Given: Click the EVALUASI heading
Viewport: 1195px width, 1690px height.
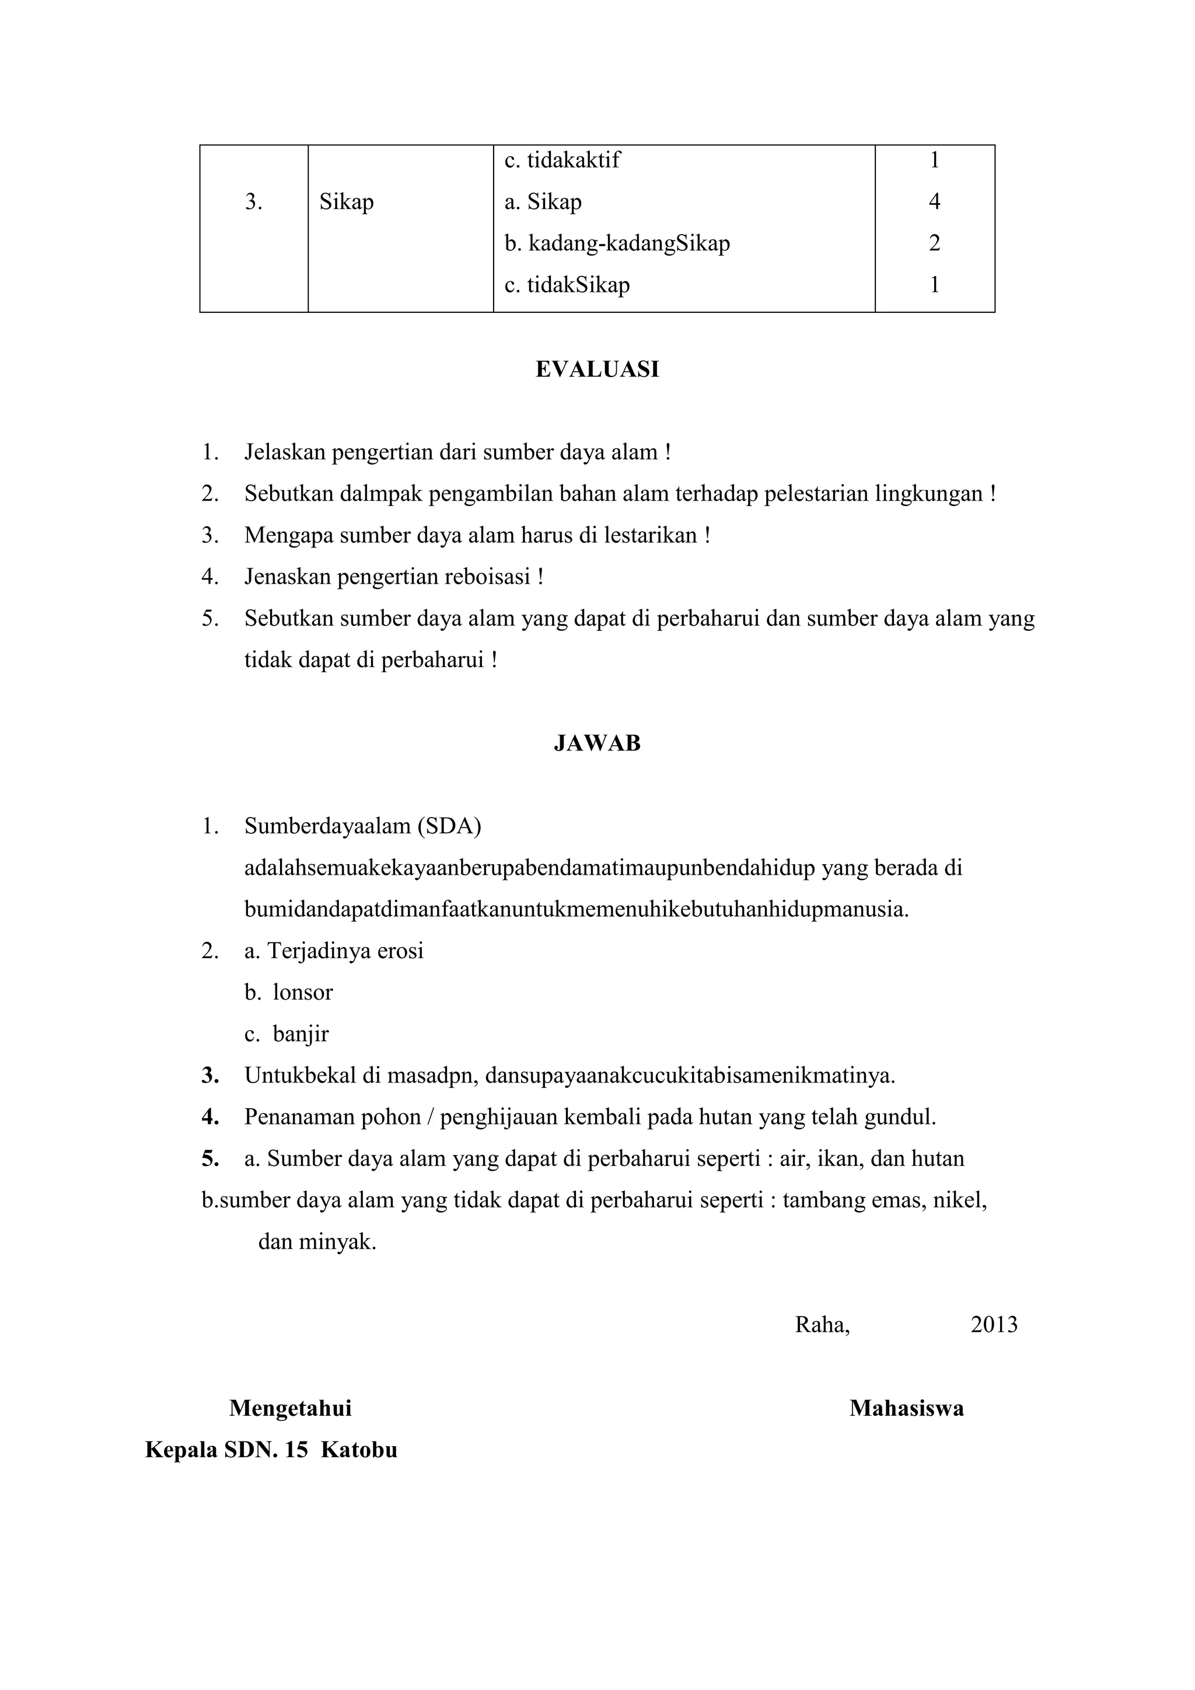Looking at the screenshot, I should [x=597, y=369].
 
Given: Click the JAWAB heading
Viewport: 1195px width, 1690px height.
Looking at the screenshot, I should [x=597, y=743].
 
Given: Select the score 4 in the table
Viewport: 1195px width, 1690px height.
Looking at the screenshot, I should [x=935, y=201].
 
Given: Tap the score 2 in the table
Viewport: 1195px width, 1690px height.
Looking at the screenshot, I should [x=935, y=243].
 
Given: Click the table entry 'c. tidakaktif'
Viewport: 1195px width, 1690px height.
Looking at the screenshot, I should [x=561, y=160].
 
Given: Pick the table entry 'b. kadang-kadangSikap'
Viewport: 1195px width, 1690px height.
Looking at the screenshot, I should [x=617, y=243].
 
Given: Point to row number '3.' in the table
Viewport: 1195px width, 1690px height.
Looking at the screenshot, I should [x=254, y=202].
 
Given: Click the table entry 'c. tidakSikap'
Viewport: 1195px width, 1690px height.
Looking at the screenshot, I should [x=567, y=285].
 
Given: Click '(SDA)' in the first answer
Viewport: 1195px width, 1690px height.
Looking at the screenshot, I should [x=449, y=826].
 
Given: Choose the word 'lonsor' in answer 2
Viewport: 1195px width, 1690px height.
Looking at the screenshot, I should [x=302, y=992].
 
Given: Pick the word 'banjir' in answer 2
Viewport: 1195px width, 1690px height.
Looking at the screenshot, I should [x=301, y=1034].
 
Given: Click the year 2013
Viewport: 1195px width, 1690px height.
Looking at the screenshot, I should [x=993, y=1325].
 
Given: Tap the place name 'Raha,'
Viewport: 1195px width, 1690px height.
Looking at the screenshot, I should [x=822, y=1325].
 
